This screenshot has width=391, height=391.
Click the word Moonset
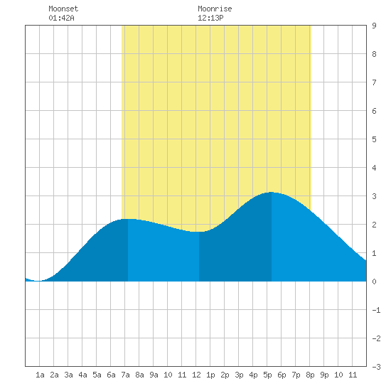(63, 9)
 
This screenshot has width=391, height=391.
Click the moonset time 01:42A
(61, 18)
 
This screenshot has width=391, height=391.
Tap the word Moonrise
(215, 9)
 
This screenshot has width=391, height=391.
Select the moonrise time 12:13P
(210, 18)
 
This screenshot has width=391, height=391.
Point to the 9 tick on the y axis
(374, 26)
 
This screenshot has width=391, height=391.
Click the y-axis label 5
(374, 139)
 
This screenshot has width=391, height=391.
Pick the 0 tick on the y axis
(374, 282)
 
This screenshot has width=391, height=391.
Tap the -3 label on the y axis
(376, 367)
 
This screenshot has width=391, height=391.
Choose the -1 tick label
(376, 310)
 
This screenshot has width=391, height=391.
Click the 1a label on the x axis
(40, 375)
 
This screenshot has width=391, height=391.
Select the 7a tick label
(125, 375)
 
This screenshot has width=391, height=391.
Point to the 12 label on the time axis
(196, 375)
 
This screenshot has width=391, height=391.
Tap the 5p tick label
(267, 375)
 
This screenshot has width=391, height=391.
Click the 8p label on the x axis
(310, 375)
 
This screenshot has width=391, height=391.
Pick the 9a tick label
(154, 375)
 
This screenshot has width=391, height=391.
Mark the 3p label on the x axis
(239, 375)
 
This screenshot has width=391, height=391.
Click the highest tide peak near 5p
(272, 192)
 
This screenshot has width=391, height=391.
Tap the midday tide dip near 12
(199, 232)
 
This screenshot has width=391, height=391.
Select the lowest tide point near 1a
(38, 281)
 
